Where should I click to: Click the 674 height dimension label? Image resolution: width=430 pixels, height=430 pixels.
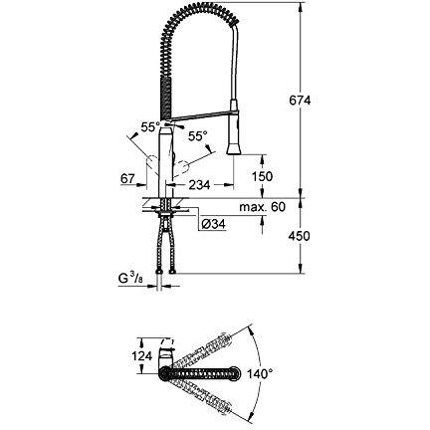pos(300,100)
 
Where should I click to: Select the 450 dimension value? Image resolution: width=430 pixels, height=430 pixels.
pos(299,236)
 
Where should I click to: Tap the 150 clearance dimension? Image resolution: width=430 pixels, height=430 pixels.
pos(262,176)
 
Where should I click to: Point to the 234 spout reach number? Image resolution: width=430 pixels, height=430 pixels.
pos(199,185)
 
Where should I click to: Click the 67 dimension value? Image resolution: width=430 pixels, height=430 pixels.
pos(127,179)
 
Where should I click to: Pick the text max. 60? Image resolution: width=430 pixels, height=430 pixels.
pos(262,207)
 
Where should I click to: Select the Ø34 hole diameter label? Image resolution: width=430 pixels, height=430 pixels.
pos(213,224)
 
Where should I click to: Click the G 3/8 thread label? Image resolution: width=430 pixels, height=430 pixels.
pos(130,279)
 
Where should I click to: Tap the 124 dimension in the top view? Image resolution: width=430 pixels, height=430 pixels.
pos(142,356)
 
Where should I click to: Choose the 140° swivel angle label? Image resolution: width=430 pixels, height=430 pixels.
pos(260,374)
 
